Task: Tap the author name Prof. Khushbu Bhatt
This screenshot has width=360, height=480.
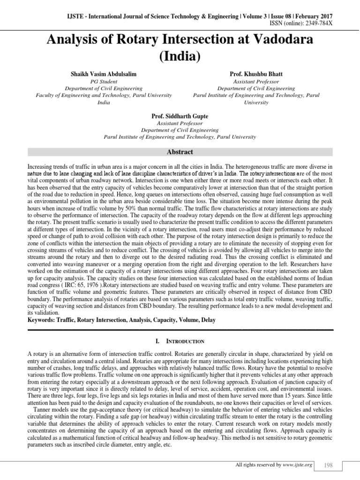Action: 256,75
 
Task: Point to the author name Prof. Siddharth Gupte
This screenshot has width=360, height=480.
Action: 180,115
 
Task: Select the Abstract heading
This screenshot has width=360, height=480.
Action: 180,152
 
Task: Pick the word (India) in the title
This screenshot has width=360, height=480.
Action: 180,57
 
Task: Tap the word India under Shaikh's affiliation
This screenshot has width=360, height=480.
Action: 104,102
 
